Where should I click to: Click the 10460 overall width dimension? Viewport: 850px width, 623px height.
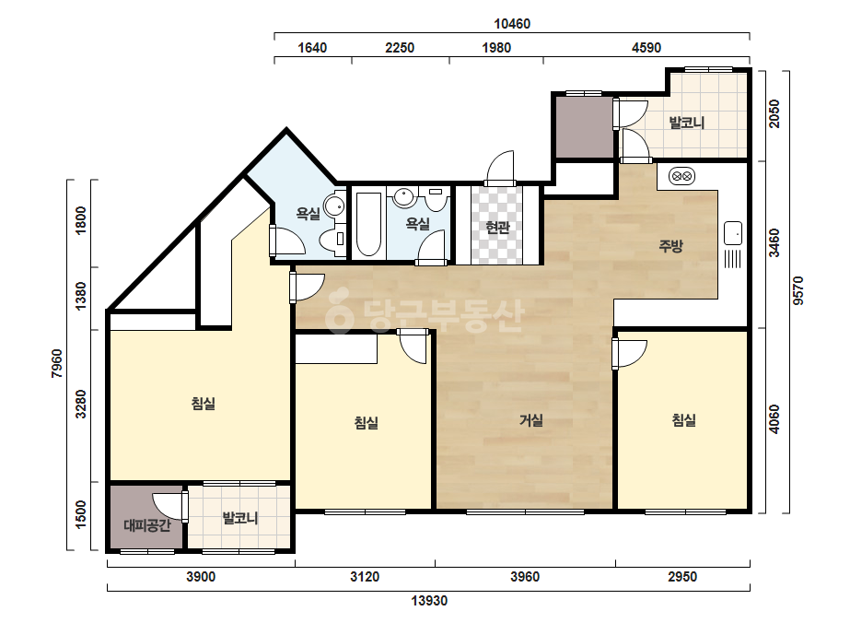tap(512, 24)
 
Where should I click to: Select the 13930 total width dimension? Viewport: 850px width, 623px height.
tap(429, 601)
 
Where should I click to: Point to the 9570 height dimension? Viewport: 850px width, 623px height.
tap(798, 290)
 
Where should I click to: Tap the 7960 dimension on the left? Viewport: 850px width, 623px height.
tap(57, 364)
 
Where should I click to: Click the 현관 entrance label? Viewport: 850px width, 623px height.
tap(497, 228)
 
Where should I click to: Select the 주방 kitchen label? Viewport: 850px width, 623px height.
tap(670, 246)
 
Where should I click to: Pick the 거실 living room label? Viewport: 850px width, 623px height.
tap(531, 420)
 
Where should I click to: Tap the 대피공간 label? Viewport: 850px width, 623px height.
tap(147, 525)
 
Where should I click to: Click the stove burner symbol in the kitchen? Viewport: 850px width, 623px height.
tap(682, 176)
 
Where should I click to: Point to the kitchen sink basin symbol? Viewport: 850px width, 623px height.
tap(733, 233)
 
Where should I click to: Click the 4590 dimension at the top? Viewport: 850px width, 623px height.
tap(646, 48)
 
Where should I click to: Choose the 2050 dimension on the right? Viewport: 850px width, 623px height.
tap(774, 114)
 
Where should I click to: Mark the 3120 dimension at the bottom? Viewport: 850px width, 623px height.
tap(365, 576)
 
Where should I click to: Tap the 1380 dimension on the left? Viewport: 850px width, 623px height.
tap(81, 296)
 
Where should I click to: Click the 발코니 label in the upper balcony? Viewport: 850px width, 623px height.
tap(687, 123)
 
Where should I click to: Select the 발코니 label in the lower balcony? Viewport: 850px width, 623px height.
tap(240, 518)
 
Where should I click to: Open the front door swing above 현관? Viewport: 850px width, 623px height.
tap(500, 169)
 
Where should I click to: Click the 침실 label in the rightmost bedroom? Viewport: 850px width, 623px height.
tap(683, 420)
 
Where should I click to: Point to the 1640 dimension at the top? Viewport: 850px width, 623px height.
tap(312, 48)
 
